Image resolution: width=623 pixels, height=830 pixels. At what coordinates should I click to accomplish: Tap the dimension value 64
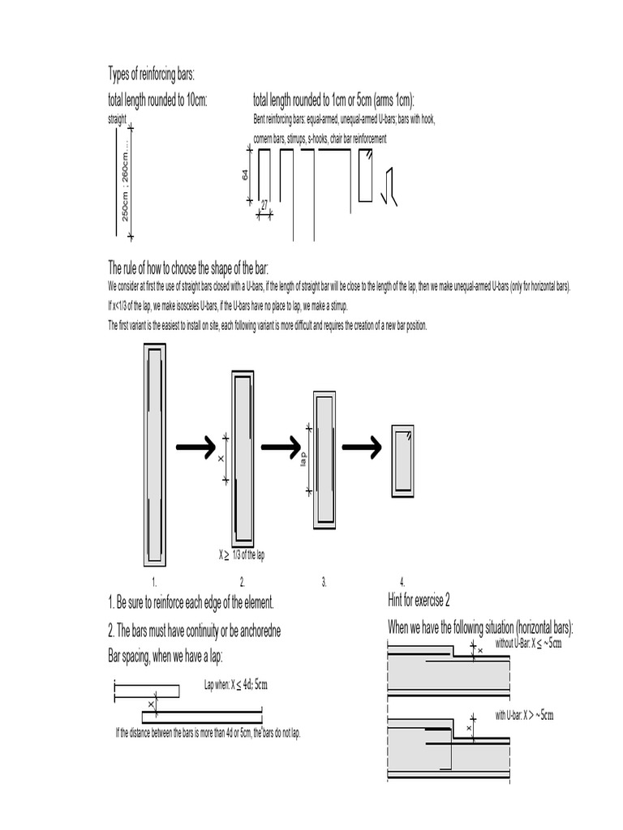pyautogui.click(x=246, y=174)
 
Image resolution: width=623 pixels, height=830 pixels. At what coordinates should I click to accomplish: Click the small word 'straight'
pyautogui.click(x=118, y=118)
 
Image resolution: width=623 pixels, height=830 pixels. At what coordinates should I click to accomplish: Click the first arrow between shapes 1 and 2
pyautogui.click(x=195, y=446)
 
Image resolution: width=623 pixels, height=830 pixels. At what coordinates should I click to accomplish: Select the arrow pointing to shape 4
pyautogui.click(x=361, y=447)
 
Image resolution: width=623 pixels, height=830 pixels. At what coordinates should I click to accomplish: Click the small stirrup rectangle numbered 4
pyautogui.click(x=403, y=460)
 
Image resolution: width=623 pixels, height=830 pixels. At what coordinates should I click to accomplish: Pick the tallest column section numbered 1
pyautogui.click(x=154, y=455)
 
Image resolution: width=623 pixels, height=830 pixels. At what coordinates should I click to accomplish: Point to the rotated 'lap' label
pyautogui.click(x=303, y=459)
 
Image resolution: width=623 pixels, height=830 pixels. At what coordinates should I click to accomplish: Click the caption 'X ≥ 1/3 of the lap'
pyautogui.click(x=241, y=555)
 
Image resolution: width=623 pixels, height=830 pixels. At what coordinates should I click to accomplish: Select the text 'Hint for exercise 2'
pyautogui.click(x=419, y=600)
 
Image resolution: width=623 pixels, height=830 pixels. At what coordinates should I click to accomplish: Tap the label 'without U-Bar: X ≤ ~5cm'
pyautogui.click(x=528, y=644)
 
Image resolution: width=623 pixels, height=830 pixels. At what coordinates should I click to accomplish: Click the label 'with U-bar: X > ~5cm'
pyautogui.click(x=525, y=715)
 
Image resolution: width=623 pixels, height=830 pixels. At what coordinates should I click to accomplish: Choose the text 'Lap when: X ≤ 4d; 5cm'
pyautogui.click(x=235, y=685)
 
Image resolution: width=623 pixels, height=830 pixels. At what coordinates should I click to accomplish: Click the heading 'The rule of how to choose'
pyautogui.click(x=188, y=268)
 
